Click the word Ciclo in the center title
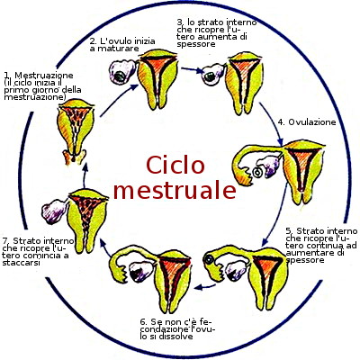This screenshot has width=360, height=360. click(175, 165)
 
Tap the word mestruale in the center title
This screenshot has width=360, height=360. click(175, 191)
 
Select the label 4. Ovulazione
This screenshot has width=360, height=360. click(307, 122)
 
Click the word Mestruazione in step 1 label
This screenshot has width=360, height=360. click(43, 75)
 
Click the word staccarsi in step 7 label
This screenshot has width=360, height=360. click(21, 263)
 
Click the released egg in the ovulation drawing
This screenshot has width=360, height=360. click(257, 173)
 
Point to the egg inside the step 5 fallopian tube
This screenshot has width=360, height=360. click(209, 258)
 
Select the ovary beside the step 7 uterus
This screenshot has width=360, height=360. click(54, 211)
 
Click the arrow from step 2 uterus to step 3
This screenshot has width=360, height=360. click(193, 70)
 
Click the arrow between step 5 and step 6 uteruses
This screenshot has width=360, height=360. click(205, 287)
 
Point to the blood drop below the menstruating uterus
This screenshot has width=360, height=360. click(73, 158)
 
